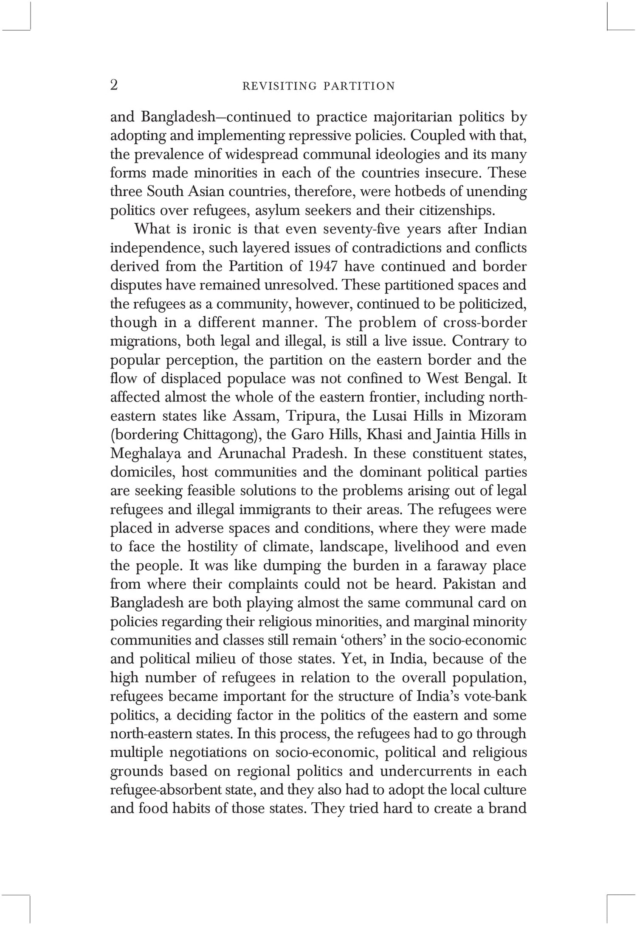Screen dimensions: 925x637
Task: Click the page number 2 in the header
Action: point(114,85)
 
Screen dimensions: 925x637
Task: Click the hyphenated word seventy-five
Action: point(360,229)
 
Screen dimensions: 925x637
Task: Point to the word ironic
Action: point(211,229)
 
